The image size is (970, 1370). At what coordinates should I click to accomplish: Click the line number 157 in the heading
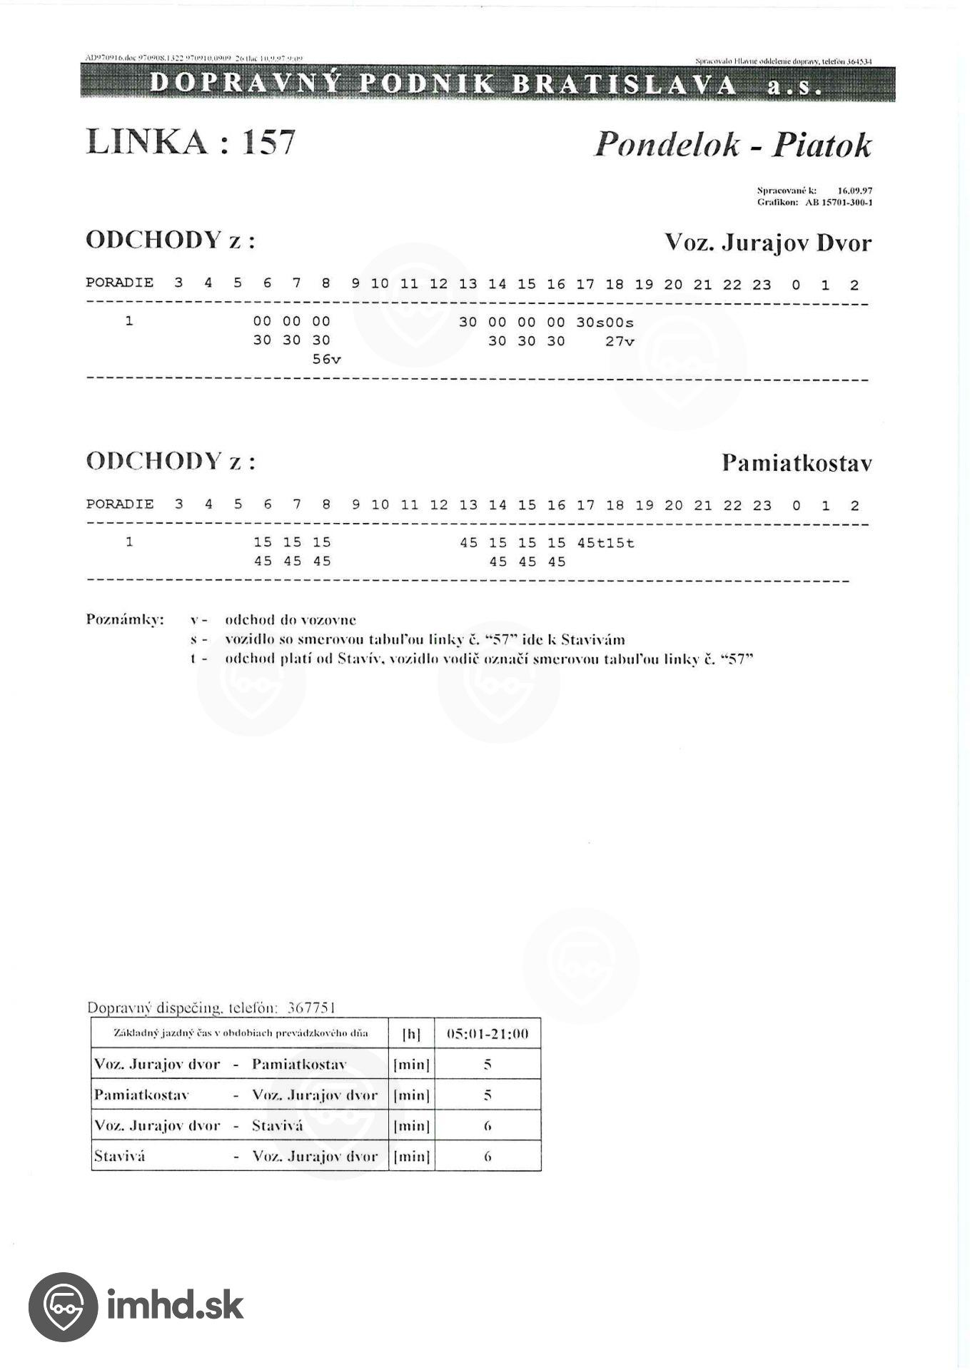[x=269, y=142]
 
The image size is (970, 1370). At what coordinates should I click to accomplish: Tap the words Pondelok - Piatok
[x=732, y=145]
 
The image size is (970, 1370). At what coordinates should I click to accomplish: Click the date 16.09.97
[x=855, y=191]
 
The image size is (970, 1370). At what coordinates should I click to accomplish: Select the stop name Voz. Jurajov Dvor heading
[x=768, y=243]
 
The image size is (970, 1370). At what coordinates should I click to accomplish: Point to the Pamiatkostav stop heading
[x=797, y=463]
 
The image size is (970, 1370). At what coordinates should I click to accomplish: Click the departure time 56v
[x=327, y=360]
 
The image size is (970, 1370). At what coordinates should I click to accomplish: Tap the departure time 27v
[x=620, y=342]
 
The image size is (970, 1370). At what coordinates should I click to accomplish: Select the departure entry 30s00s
[x=605, y=323]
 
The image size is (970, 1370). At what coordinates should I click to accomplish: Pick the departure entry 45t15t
[x=605, y=543]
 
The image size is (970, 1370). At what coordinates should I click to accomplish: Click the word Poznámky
[x=125, y=619]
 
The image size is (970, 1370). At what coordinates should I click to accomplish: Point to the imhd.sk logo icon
[x=63, y=1306]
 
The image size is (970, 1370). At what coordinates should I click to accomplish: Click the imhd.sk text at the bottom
[x=175, y=1306]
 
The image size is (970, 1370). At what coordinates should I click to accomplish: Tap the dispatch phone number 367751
[x=310, y=1008]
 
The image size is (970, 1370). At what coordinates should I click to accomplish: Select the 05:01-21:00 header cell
[x=487, y=1034]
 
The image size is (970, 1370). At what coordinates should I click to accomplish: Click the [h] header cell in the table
[x=411, y=1034]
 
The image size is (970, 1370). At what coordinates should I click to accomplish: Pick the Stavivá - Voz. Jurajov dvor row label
[x=236, y=1156]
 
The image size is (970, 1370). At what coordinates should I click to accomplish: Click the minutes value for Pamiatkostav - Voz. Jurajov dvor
[x=487, y=1095]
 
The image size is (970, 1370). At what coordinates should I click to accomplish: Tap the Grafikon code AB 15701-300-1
[x=839, y=203]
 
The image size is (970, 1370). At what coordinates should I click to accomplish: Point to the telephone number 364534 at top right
[x=859, y=62]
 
